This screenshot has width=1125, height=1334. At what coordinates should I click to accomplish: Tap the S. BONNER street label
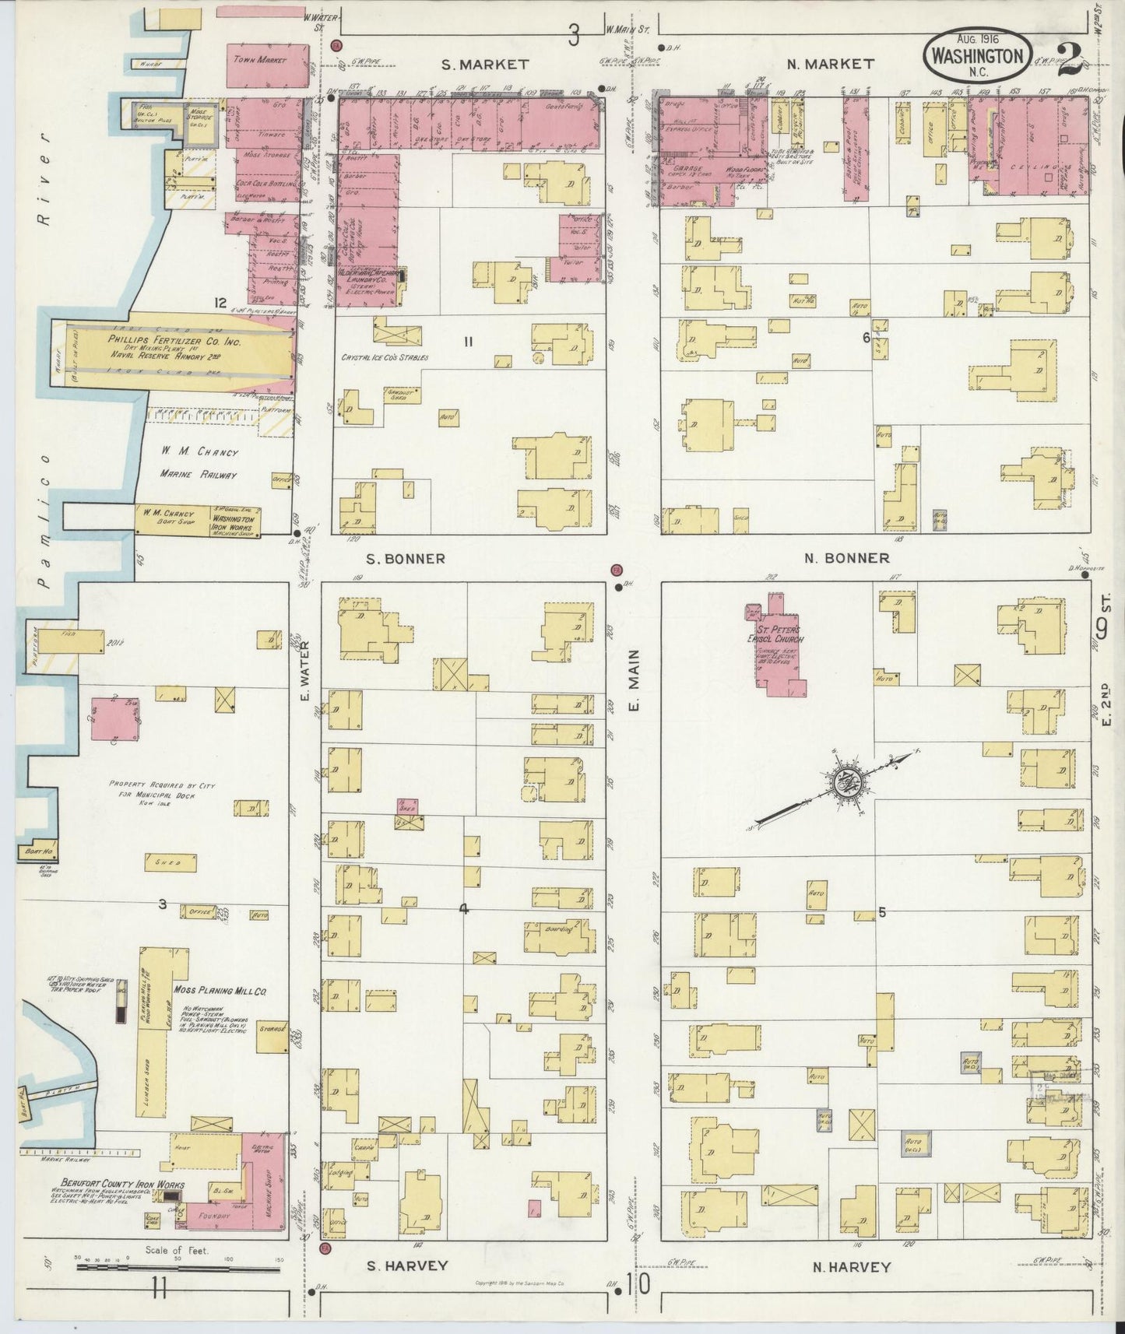pos(405,559)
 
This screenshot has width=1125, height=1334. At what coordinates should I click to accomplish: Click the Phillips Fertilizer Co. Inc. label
pos(174,341)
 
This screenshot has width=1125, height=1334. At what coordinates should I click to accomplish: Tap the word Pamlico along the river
pos(44,529)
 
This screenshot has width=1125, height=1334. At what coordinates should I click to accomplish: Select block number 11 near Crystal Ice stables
pos(468,340)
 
